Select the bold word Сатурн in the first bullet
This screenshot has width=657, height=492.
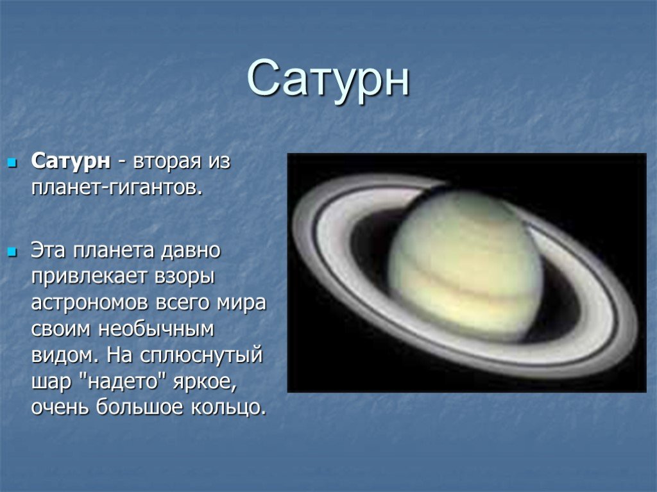point(71,161)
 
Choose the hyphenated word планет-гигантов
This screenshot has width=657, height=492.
point(117,188)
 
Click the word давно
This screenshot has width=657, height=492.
point(191,251)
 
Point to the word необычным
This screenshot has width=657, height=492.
point(157,329)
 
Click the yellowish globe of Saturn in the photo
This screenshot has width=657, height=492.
point(465,266)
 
